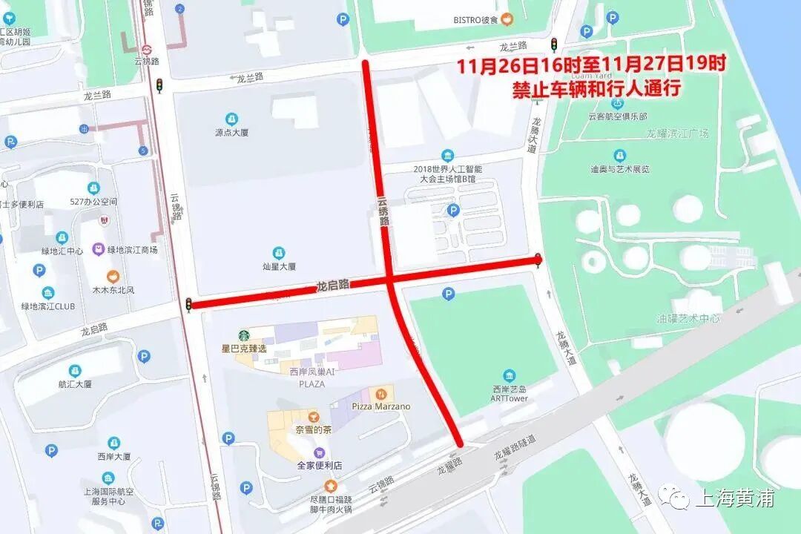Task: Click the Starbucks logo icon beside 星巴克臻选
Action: tap(244, 335)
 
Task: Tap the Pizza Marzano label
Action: tap(380, 406)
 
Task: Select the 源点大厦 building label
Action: tap(231, 133)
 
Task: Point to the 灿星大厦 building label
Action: tap(279, 266)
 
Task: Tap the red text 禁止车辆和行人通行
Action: tap(596, 89)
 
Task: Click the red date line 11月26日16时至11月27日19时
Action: tap(590, 65)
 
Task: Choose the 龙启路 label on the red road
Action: tap(333, 284)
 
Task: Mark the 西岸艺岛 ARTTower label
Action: tap(510, 393)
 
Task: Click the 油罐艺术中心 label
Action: tap(688, 318)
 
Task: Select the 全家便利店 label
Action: tap(320, 465)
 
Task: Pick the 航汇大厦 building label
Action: tap(75, 383)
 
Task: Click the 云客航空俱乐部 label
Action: tap(617, 116)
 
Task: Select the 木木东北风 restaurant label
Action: tap(113, 289)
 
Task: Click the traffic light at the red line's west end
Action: tap(188, 304)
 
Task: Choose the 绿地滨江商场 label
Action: tap(133, 250)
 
